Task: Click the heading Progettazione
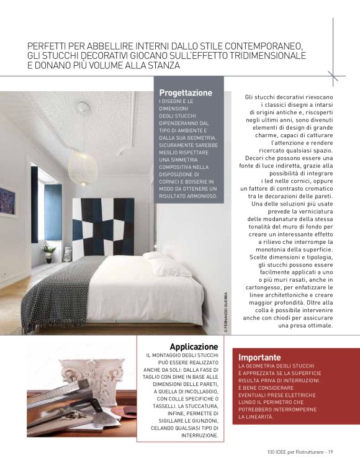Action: click(186, 93)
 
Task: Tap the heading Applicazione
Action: click(194, 346)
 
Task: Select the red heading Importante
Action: click(260, 358)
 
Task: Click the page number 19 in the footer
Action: click(331, 451)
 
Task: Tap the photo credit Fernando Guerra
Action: click(227, 313)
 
